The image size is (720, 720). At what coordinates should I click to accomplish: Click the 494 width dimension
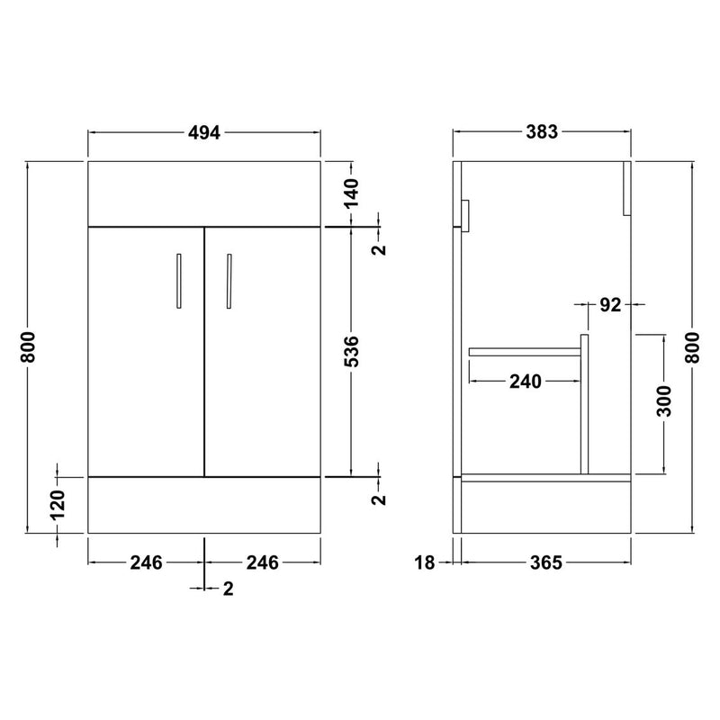click(204, 132)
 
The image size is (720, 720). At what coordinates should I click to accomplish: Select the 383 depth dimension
click(542, 132)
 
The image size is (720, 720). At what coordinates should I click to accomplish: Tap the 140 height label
click(352, 193)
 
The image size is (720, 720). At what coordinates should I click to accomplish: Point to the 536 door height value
click(352, 351)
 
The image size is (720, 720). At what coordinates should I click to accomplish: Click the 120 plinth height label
click(58, 505)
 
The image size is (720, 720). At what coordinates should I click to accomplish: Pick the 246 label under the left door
click(146, 562)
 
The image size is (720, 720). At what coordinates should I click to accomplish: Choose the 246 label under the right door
click(262, 562)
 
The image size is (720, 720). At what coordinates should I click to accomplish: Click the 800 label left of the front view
click(28, 347)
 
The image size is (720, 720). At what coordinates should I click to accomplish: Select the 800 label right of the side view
click(692, 347)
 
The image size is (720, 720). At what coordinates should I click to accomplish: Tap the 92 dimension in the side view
click(611, 305)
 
